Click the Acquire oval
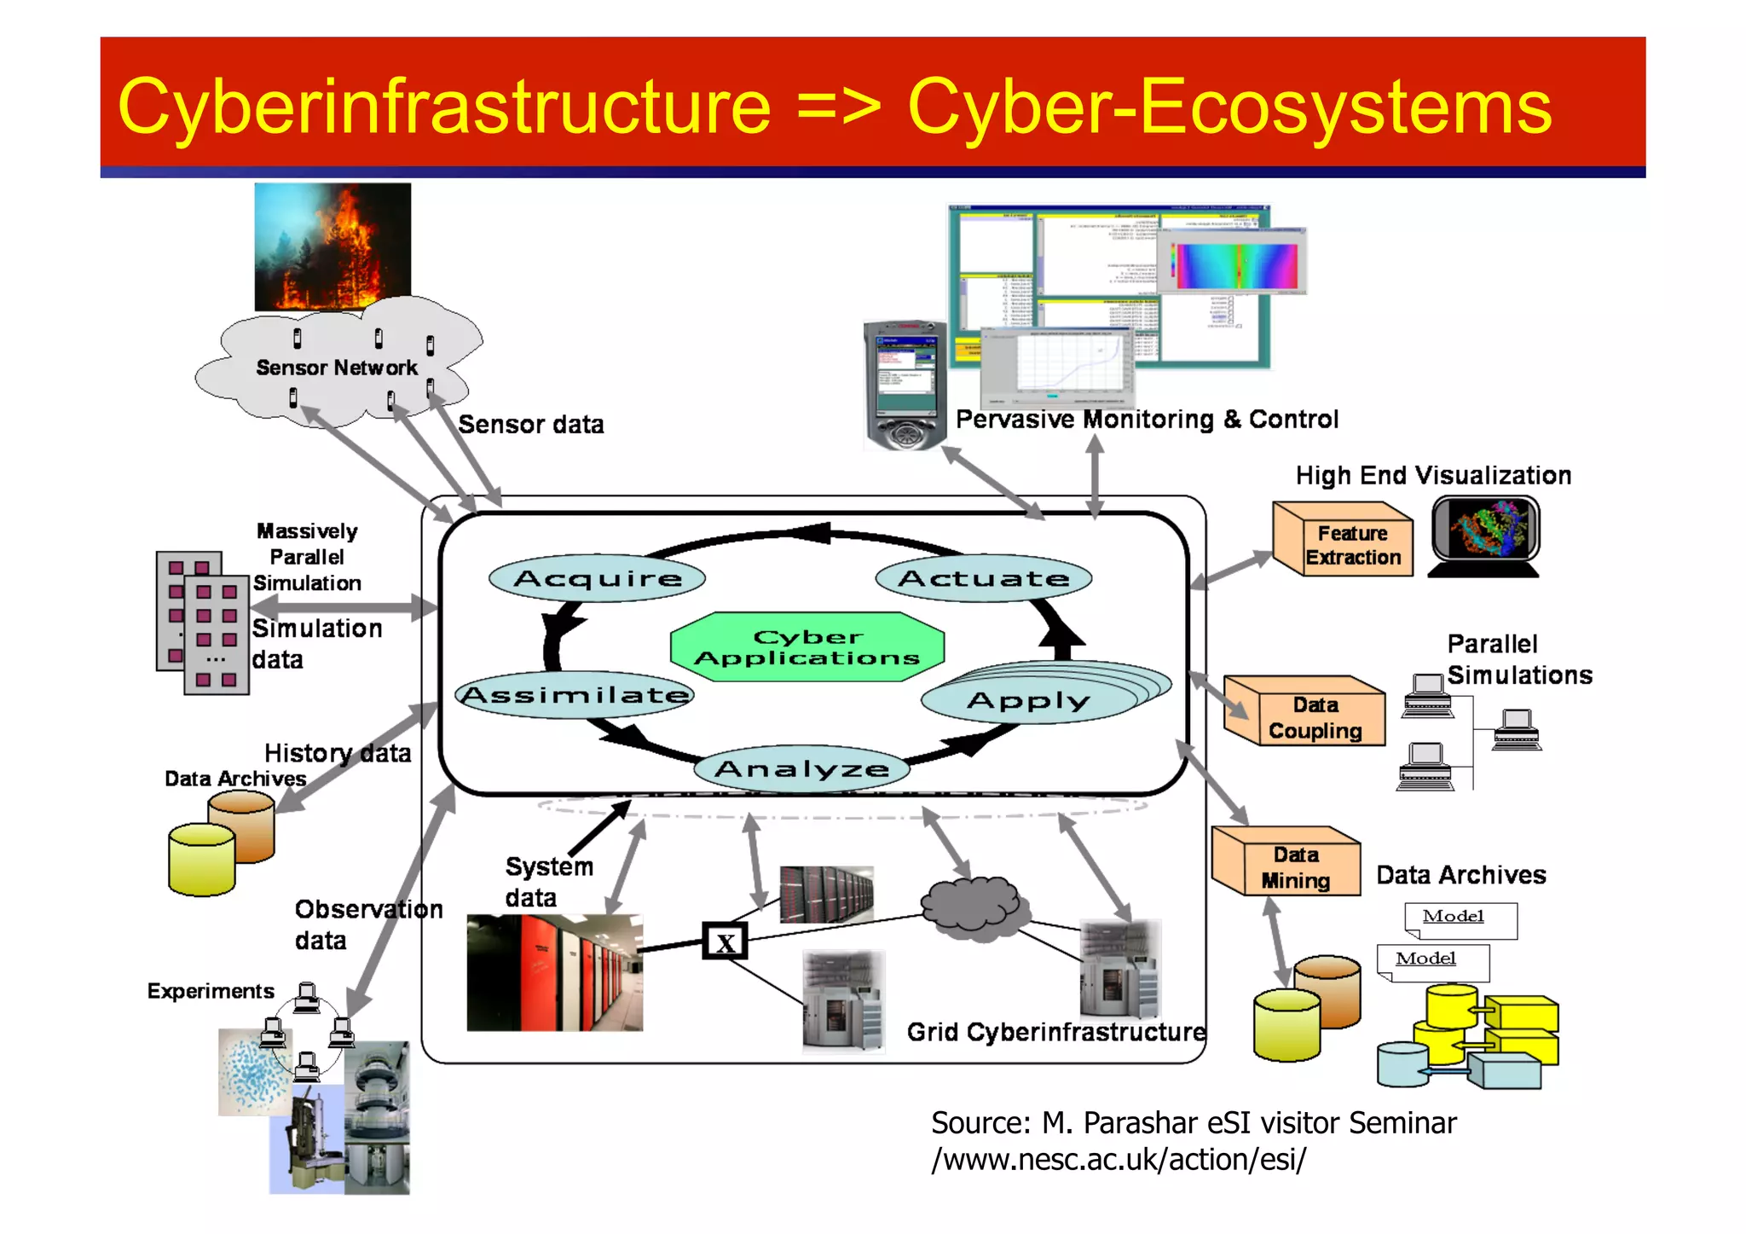(x=597, y=578)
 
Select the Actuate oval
(x=983, y=578)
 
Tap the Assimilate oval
(x=575, y=694)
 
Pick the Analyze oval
(x=801, y=769)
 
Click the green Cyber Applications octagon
(x=807, y=647)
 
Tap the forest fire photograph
(x=332, y=246)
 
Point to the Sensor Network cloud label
(x=337, y=368)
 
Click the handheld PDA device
(x=905, y=385)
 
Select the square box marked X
(x=725, y=942)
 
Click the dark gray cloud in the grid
(x=971, y=907)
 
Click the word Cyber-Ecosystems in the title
(x=1229, y=107)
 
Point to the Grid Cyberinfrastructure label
(x=1055, y=1032)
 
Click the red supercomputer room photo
(x=554, y=972)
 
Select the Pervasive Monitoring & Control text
(x=1147, y=419)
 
